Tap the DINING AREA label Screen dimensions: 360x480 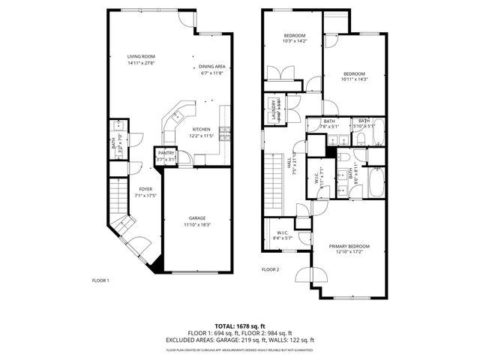tap(213, 66)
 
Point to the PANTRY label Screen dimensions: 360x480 tap(165, 153)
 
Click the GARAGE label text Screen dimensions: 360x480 tap(197, 217)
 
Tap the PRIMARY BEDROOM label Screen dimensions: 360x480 tap(349, 246)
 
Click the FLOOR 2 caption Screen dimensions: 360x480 tap(270, 269)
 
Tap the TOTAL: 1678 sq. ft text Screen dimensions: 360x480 tap(240, 326)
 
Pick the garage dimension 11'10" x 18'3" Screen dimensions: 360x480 tap(197, 224)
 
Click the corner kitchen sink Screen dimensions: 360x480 tap(178, 117)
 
